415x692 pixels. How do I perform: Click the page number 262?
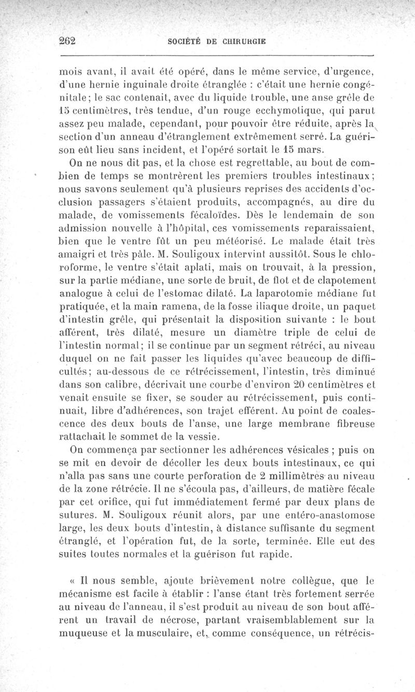coord(67,42)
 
